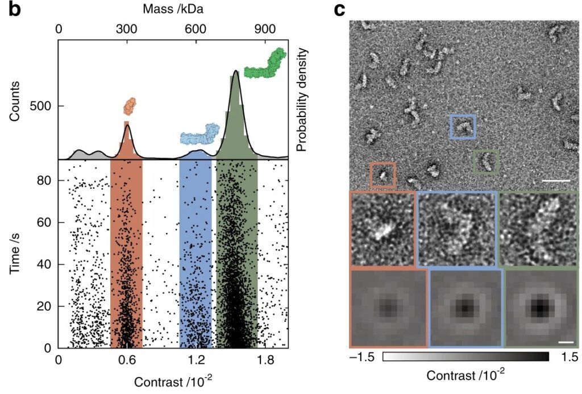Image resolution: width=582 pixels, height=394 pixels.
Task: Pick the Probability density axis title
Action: coord(301,99)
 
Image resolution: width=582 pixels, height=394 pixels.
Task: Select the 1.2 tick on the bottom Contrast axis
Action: coord(195,359)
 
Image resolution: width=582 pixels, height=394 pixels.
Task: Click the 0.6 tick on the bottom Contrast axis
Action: coord(126,359)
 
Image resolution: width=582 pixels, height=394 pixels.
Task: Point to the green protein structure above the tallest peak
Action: coord(265,63)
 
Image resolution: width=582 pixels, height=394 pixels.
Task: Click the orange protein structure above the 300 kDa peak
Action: coord(131,105)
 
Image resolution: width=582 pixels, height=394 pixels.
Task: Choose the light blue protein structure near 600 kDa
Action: coord(199,134)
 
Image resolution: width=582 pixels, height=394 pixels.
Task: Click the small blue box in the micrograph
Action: coord(463,126)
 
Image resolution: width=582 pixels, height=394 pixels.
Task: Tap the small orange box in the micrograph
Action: coord(382,175)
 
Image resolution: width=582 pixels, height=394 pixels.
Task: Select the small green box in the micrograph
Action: coord(486,161)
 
